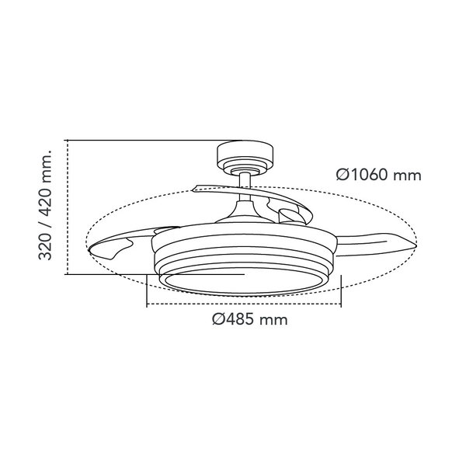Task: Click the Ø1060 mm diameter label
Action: pos(379,175)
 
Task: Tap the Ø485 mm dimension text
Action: pos(250,320)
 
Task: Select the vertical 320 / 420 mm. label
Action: pos(46,205)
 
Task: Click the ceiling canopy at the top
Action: pos(245,157)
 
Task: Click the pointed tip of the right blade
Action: pos(415,245)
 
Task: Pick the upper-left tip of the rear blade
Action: pos(194,189)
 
